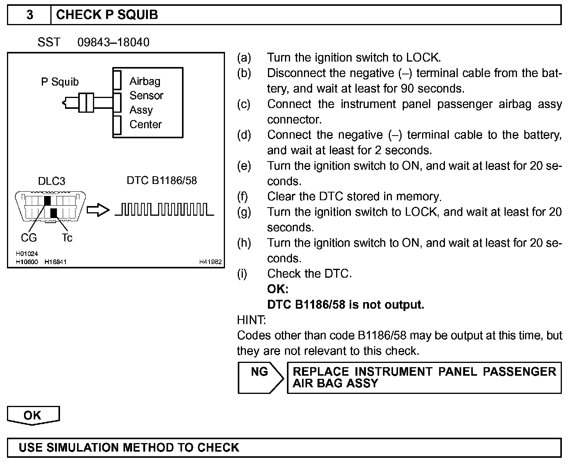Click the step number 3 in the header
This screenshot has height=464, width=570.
point(29,15)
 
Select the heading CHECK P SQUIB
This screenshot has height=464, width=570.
point(107,15)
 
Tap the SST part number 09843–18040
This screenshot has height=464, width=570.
point(113,42)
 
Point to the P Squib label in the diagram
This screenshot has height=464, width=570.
point(60,82)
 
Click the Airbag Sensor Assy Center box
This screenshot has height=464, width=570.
point(148,103)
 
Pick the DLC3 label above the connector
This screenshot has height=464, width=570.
point(52,181)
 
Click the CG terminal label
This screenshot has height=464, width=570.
point(29,238)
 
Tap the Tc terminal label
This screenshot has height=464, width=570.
point(67,238)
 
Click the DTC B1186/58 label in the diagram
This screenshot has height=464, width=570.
point(161,180)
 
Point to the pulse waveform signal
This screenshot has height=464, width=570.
point(165,209)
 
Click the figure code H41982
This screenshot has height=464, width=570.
point(210,262)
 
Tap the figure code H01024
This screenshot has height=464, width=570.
point(27,254)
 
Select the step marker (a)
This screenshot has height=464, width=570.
point(244,58)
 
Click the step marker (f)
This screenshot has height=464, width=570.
point(242,196)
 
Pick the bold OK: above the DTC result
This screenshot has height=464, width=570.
point(278,289)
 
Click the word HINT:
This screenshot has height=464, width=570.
point(251,320)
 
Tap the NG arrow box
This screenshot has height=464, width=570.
point(260,378)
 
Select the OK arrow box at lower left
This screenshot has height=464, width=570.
point(33,416)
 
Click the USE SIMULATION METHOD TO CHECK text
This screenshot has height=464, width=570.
point(129,448)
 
